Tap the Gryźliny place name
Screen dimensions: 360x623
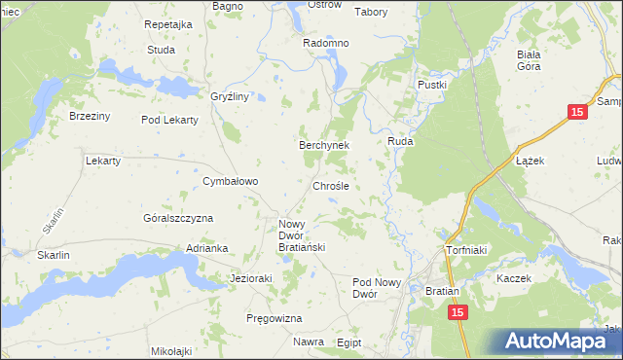(x=231, y=96)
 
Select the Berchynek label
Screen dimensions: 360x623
(x=323, y=144)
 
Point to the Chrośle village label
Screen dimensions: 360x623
(x=330, y=185)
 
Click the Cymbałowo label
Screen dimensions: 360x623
(x=230, y=181)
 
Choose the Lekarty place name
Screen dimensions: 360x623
(x=103, y=161)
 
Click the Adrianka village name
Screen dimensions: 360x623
(x=206, y=248)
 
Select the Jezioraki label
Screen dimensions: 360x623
(x=250, y=277)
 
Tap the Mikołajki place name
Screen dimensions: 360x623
(x=172, y=350)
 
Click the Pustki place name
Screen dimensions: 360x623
(x=431, y=85)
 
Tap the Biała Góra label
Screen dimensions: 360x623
(x=531, y=60)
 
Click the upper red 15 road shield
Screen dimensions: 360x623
(x=578, y=113)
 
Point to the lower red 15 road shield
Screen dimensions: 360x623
(x=458, y=311)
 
